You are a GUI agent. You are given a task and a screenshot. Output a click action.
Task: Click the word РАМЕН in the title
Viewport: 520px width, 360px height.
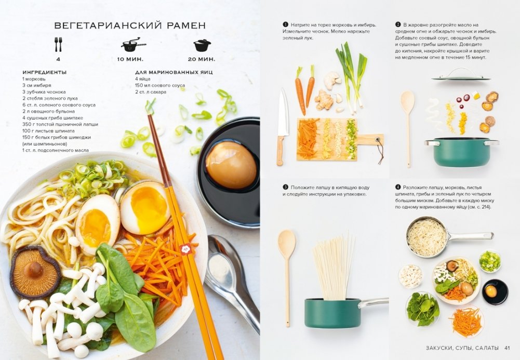(186, 25)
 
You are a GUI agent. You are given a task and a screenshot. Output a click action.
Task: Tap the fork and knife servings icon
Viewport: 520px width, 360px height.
(58, 45)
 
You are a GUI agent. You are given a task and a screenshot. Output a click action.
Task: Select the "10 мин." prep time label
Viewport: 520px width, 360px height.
(130, 59)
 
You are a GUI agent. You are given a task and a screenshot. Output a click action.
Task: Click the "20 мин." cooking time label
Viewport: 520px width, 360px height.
(202, 59)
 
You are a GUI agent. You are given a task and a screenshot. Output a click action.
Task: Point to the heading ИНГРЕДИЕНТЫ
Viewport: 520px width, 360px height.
(45, 72)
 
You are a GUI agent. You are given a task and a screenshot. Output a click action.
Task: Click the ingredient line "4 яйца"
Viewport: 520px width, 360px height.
(143, 79)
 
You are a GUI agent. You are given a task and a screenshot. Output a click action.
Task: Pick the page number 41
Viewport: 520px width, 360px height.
(507, 348)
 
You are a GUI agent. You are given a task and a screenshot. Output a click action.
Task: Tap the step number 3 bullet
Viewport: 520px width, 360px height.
(285, 188)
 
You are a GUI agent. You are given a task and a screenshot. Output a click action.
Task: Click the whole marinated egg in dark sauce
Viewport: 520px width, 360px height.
(231, 165)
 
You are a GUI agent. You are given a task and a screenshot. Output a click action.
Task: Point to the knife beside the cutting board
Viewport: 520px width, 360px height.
(282, 126)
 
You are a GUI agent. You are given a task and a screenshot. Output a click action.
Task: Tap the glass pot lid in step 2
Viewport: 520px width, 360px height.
(461, 75)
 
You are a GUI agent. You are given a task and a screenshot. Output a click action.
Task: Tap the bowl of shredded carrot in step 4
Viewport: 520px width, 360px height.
(466, 321)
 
